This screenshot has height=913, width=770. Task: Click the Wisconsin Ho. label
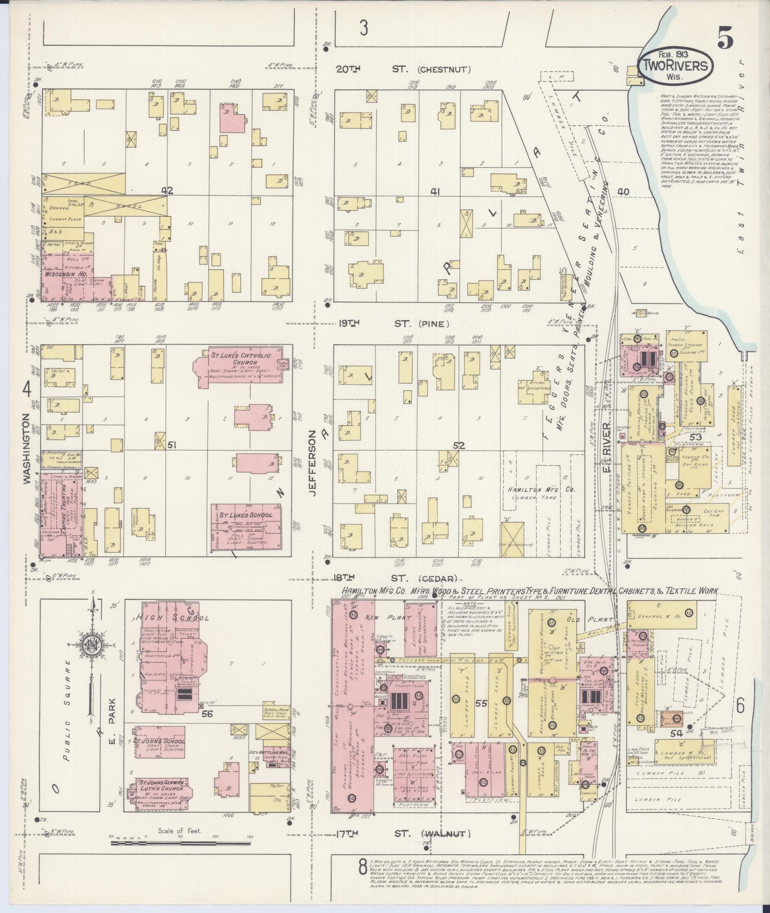tap(65, 275)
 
